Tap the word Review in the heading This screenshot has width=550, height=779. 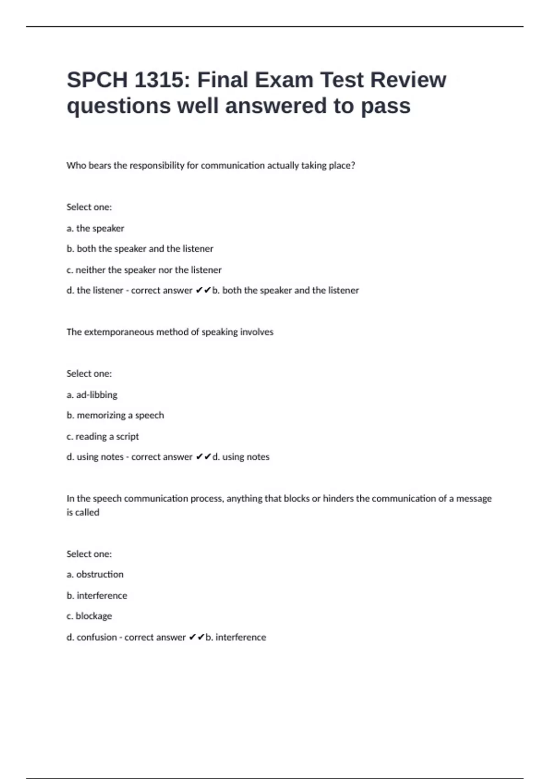(x=408, y=80)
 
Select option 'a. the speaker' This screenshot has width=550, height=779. (x=95, y=228)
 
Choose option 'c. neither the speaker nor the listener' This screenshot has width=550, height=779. (x=144, y=270)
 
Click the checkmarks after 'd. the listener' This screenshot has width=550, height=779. (x=203, y=290)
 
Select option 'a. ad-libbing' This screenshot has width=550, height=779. (x=92, y=395)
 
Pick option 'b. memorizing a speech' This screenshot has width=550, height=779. (x=115, y=415)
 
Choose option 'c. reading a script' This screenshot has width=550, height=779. (x=103, y=436)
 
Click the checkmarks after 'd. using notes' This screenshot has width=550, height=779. (x=203, y=456)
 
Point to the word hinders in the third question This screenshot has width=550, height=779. (x=338, y=498)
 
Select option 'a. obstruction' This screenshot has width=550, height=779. (x=95, y=574)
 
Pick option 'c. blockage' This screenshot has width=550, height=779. (x=89, y=616)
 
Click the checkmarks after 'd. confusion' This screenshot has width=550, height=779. (x=196, y=637)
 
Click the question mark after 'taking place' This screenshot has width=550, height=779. (x=352, y=165)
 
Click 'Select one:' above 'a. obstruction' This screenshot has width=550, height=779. (x=89, y=554)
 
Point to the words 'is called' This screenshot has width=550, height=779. (x=83, y=512)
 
